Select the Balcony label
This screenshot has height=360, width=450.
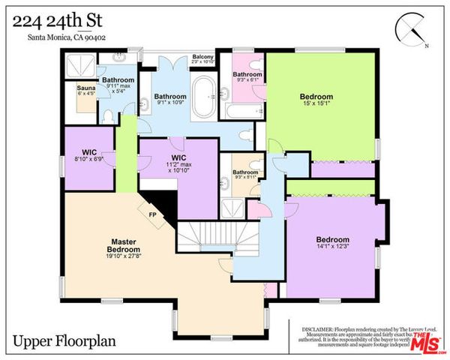(202, 57)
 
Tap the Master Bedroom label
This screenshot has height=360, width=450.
(123, 245)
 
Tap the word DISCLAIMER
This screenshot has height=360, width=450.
(320, 328)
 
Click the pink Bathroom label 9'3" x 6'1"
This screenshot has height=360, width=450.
(247, 75)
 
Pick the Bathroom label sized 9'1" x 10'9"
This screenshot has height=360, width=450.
(171, 97)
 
